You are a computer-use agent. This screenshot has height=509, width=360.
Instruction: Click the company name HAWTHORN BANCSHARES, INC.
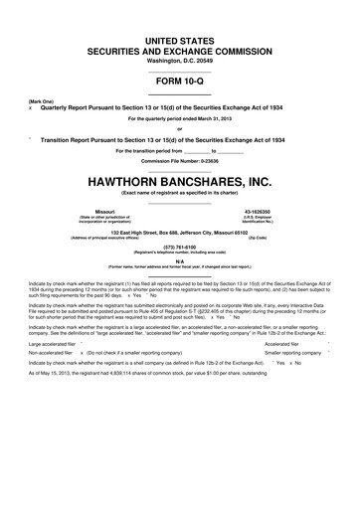point(180,181)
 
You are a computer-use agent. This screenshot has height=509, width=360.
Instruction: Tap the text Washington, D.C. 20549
point(180,59)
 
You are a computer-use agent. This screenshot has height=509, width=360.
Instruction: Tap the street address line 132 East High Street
point(180,232)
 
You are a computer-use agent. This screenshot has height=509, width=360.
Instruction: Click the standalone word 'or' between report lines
point(180,130)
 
